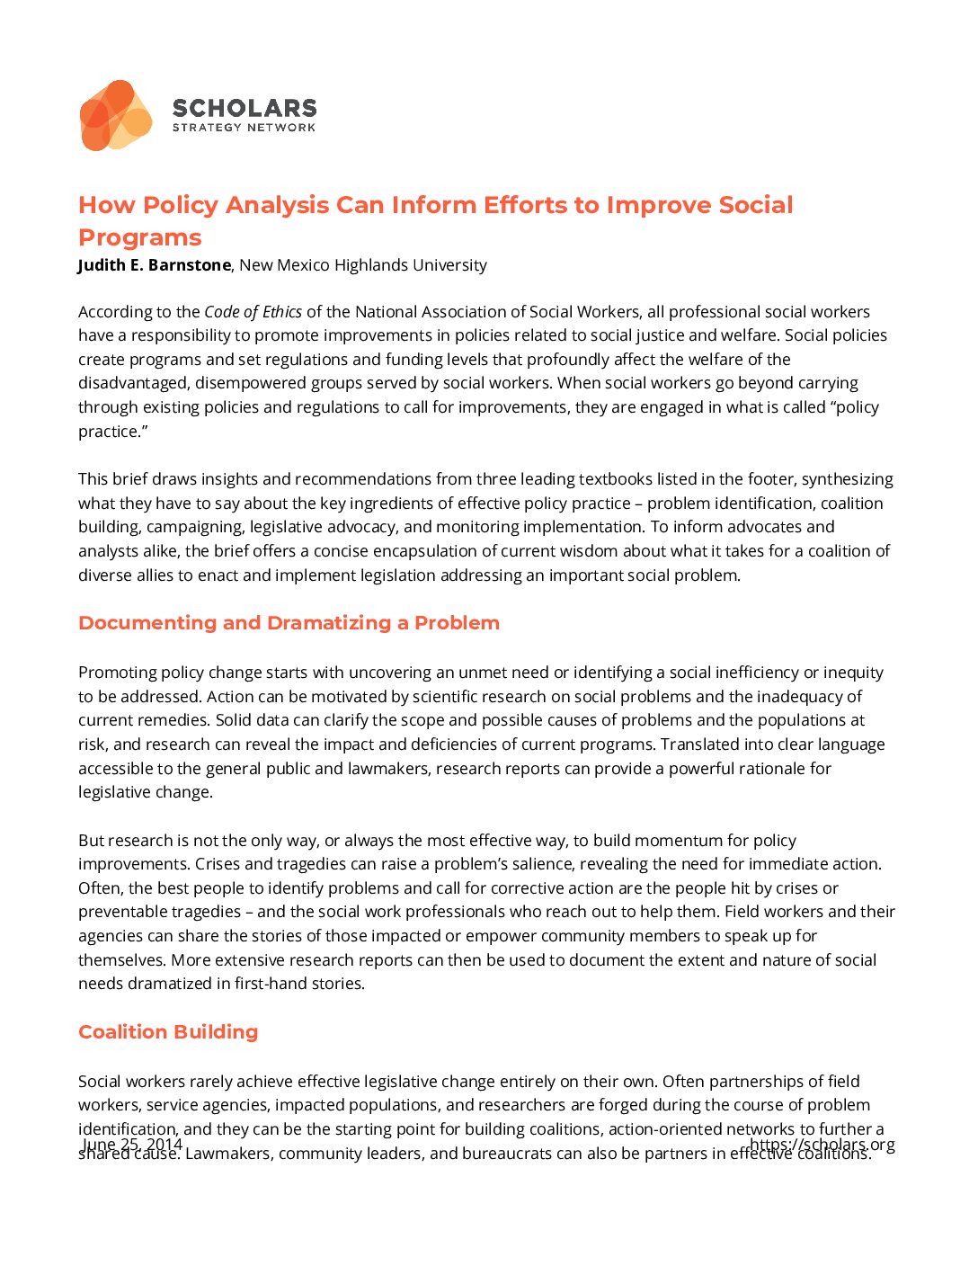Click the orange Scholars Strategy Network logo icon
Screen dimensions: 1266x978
[115, 115]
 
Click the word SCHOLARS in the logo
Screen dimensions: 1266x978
[244, 108]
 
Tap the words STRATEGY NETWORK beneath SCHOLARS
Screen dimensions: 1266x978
[244, 128]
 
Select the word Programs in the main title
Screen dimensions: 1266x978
[140, 237]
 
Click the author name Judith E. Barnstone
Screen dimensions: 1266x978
[155, 265]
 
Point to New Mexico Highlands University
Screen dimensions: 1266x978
[363, 265]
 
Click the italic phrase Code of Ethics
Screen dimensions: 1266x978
[253, 312]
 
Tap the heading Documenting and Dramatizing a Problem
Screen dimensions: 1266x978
[289, 623]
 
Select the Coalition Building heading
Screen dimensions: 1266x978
[168, 1032]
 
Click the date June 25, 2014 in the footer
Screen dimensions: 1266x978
[132, 1145]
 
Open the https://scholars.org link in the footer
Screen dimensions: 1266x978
[822, 1145]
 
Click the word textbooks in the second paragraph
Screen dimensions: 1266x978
[615, 479]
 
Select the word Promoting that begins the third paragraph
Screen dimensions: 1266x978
[117, 673]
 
